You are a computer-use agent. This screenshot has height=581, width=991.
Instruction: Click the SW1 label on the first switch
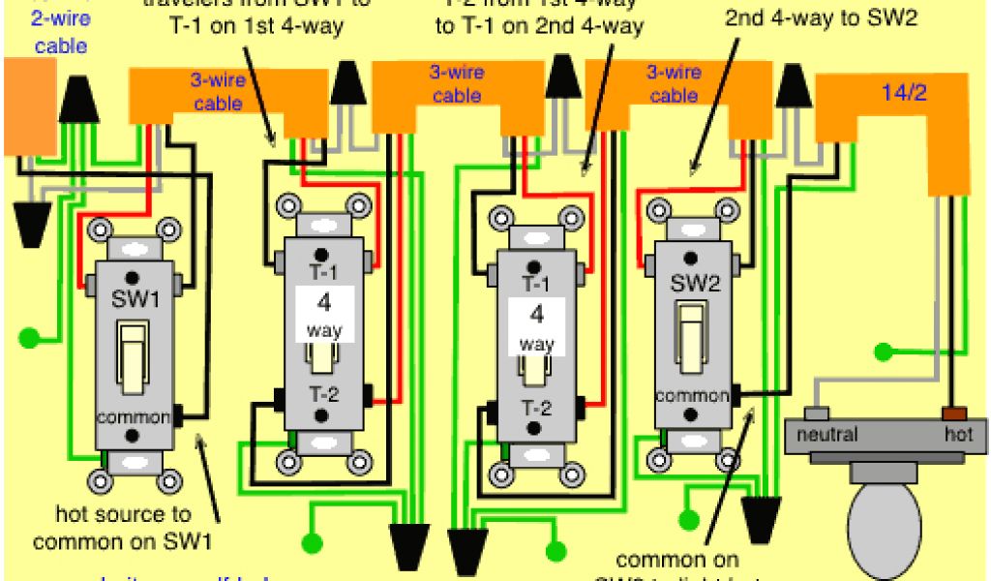click(135, 299)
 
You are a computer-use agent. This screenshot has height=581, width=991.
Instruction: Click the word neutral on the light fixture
click(826, 435)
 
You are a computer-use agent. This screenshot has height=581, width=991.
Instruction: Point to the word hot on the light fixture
click(958, 435)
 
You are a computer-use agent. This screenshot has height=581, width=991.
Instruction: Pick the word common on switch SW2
click(691, 396)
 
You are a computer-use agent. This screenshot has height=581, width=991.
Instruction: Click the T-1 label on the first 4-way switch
click(322, 270)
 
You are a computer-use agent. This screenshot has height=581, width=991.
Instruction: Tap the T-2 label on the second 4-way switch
click(536, 408)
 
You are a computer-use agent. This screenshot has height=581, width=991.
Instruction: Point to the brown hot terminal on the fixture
click(958, 413)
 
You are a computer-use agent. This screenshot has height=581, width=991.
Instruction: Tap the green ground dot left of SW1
click(30, 338)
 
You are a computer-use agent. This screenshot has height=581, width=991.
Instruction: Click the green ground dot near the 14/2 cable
click(882, 351)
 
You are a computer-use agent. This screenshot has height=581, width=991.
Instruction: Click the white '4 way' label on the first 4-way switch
click(324, 314)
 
